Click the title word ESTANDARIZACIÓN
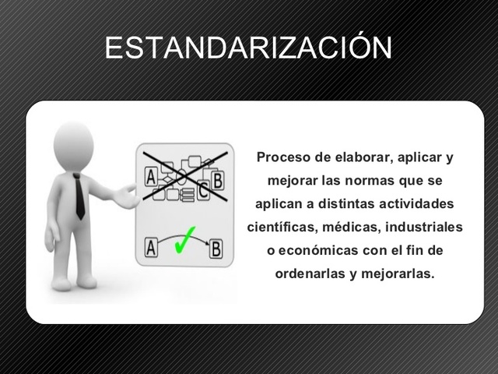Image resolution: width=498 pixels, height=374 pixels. tap(248, 48)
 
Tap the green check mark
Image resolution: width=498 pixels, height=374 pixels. tap(185, 238)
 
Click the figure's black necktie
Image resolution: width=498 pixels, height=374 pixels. tap(79, 196)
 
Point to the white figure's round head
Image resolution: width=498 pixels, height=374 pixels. tap(74, 144)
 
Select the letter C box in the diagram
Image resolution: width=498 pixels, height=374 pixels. tap(204, 189)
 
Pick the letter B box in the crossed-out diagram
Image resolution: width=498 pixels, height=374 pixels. tap(218, 180)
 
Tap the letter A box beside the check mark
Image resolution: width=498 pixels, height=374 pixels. tap(152, 248)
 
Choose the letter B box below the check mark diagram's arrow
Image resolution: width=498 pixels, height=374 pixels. tap(216, 249)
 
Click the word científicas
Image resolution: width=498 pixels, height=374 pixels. tap(279, 228)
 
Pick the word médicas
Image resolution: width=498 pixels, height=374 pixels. tap(341, 228)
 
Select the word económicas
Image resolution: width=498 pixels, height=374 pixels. tap(317, 251)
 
